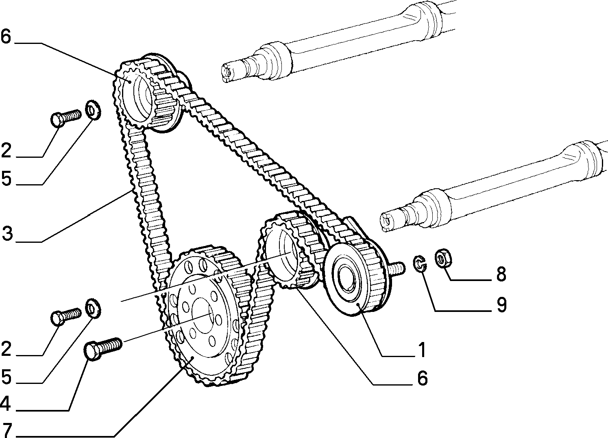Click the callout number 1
coord(422,350)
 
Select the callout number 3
coord(7,234)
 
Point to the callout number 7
coord(7,431)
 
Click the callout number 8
coord(501,274)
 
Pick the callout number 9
coord(501,305)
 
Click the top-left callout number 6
coord(6,37)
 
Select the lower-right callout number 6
coord(422,378)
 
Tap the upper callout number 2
coord(6,150)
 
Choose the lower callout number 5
coord(6,377)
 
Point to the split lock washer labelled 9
coord(420,264)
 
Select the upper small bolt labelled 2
coord(66,118)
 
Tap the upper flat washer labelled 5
coord(93,110)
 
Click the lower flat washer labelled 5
coord(93,308)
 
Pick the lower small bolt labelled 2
coord(66,316)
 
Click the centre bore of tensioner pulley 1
coord(348,277)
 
